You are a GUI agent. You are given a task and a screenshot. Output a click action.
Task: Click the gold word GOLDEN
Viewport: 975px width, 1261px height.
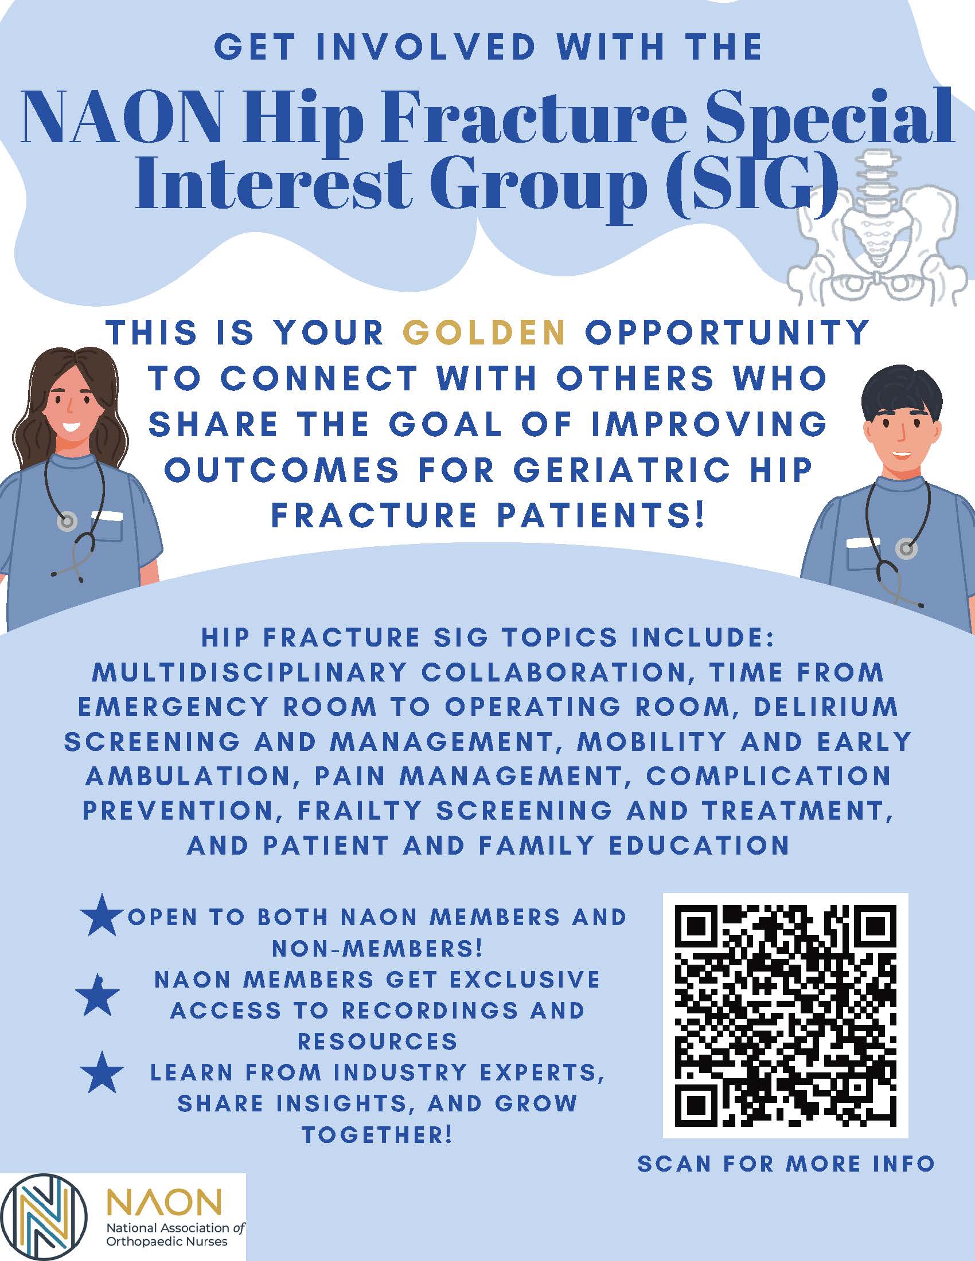tap(483, 332)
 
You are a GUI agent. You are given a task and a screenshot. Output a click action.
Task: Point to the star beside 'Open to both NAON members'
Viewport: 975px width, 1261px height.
tap(102, 916)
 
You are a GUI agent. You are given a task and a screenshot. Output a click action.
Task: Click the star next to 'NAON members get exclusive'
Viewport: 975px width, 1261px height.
tap(97, 996)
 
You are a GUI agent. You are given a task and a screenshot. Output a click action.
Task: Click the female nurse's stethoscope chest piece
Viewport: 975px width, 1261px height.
tap(68, 522)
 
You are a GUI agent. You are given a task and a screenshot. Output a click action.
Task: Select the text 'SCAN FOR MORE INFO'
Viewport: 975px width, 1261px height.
tap(786, 1164)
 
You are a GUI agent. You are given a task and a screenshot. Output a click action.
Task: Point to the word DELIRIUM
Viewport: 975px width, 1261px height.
tap(826, 707)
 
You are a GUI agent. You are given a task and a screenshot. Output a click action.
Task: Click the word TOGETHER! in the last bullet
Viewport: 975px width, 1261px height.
tap(377, 1134)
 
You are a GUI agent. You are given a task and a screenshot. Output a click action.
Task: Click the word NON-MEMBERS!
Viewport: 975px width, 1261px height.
tap(377, 948)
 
